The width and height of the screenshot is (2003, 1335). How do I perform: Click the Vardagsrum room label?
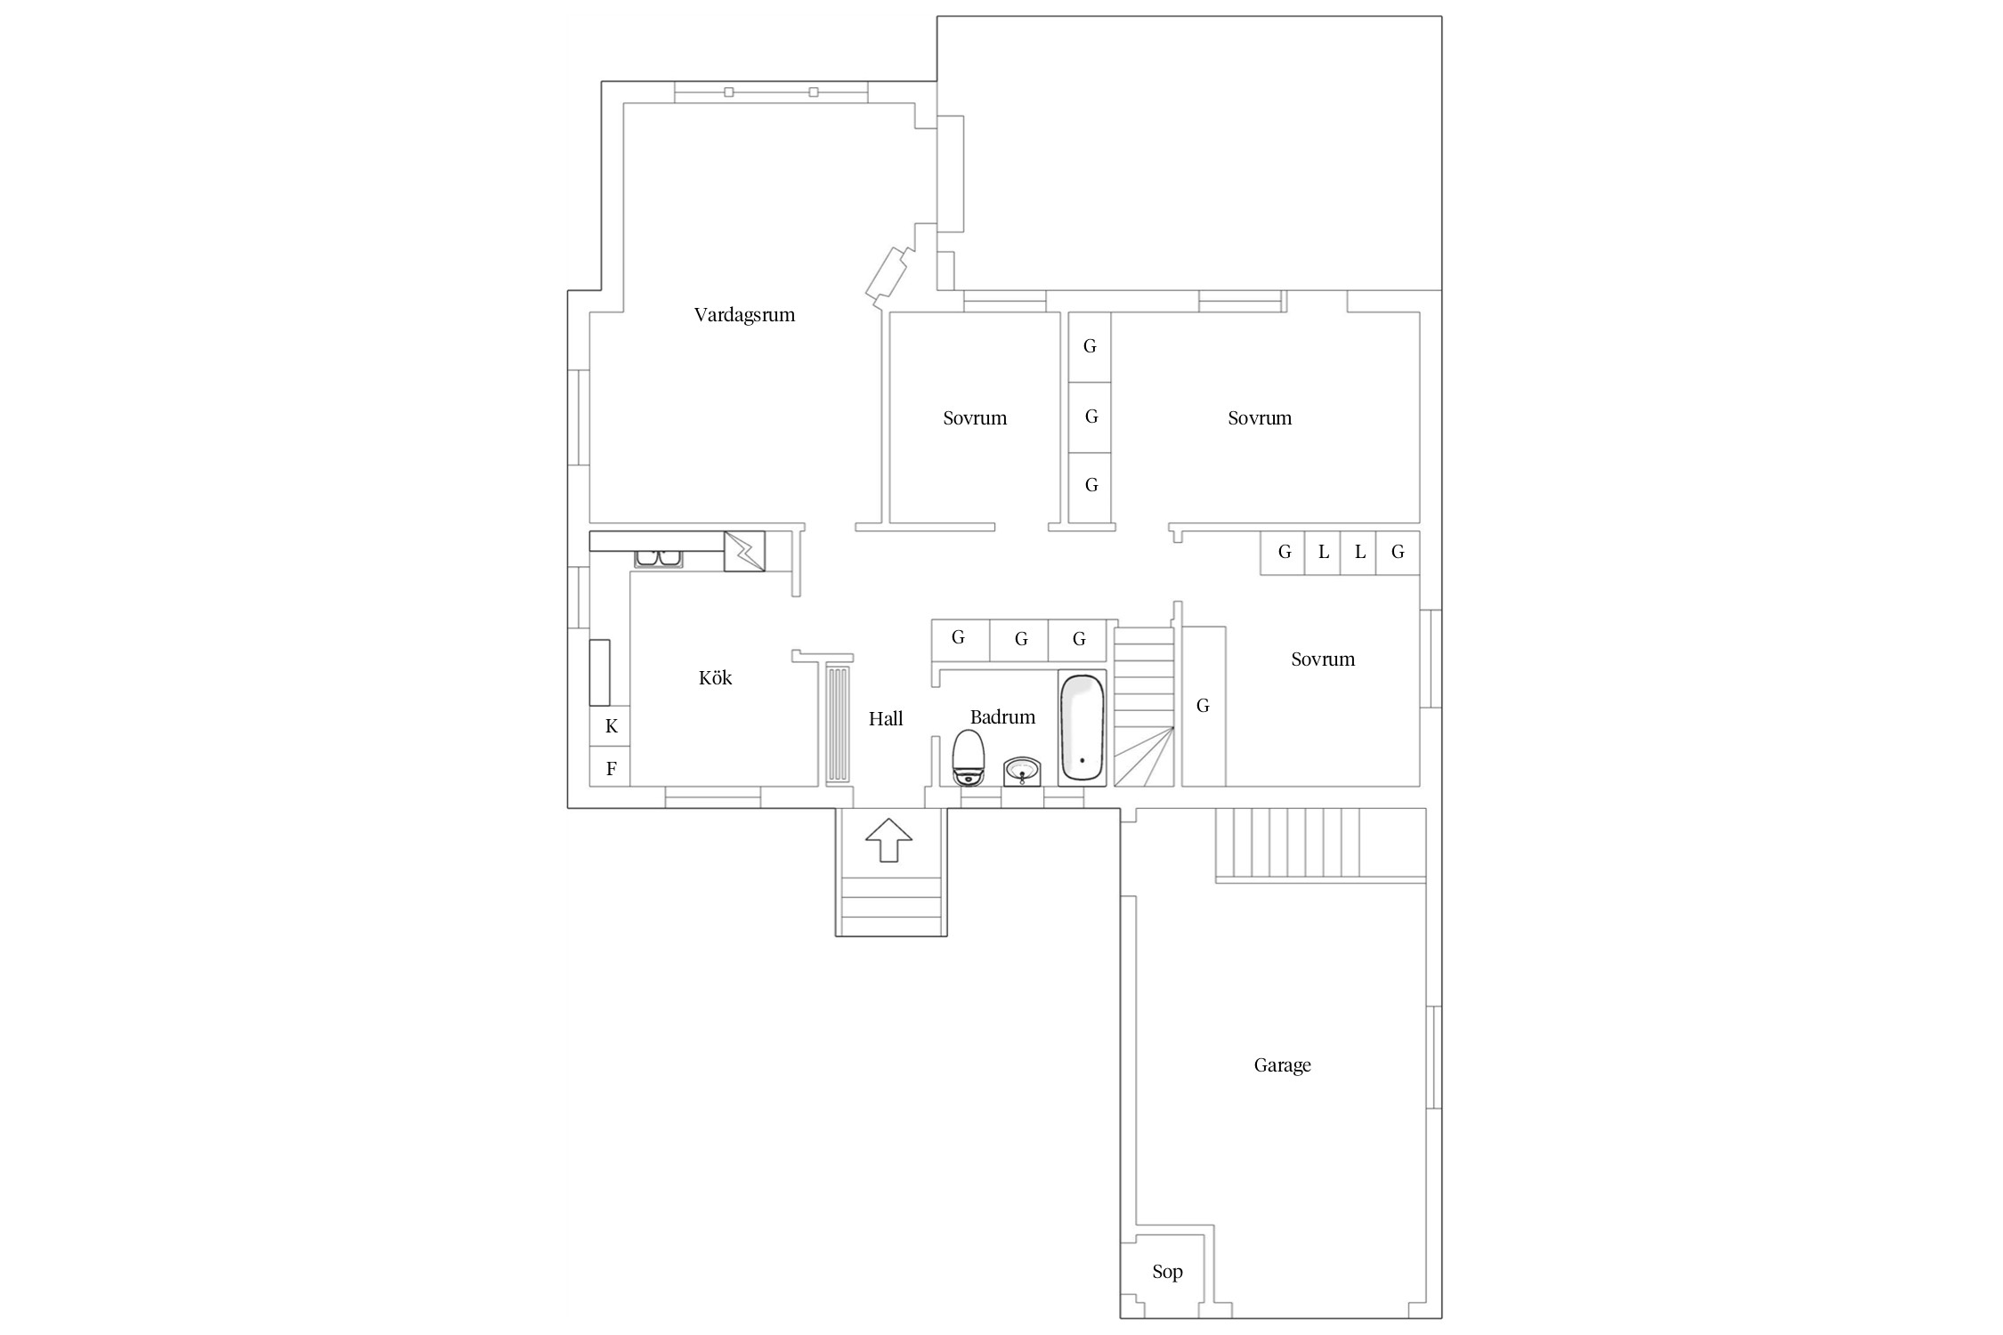tap(744, 315)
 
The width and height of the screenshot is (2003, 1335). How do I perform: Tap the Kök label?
tap(716, 677)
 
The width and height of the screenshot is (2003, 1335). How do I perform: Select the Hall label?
tap(886, 718)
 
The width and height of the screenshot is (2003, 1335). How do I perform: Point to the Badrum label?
tap(1002, 716)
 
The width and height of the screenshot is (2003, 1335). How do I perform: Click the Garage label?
tap(1282, 1065)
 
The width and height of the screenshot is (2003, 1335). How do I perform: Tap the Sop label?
tap(1167, 1272)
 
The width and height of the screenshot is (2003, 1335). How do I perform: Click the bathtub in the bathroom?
tap(1083, 728)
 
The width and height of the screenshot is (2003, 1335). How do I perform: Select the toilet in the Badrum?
tap(968, 757)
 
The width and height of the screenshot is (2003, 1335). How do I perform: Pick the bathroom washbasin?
tap(1022, 771)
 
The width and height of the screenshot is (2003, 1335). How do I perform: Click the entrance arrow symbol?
tap(889, 839)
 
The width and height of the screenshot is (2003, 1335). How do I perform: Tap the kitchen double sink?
tap(658, 559)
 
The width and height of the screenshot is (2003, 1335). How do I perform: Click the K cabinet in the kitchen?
tap(611, 726)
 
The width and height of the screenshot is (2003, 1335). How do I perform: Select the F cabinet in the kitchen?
tap(611, 767)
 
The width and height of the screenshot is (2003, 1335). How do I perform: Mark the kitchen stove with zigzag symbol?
tap(744, 551)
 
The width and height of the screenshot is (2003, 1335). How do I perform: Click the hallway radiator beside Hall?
tap(839, 724)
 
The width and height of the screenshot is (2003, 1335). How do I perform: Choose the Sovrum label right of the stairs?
tap(1323, 659)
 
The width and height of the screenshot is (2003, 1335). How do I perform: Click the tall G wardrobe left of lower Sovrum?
tap(1204, 706)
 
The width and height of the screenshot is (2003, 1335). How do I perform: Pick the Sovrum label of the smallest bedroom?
tap(975, 418)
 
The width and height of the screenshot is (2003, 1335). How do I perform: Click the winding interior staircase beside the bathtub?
tap(1144, 707)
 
